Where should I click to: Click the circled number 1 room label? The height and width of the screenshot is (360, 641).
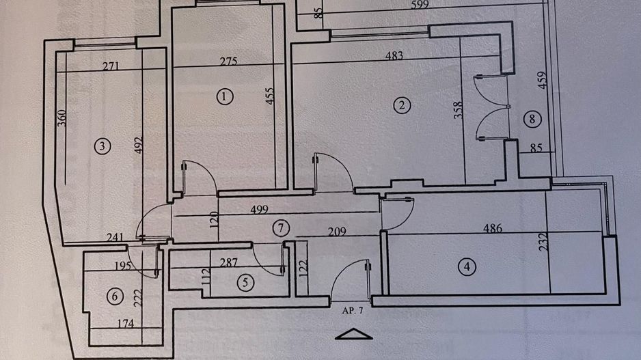[x=224, y=96]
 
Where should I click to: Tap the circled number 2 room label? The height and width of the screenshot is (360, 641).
[x=403, y=105]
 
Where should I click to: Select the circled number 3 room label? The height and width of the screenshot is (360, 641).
[x=103, y=146]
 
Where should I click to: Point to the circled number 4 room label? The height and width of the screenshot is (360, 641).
[x=467, y=267]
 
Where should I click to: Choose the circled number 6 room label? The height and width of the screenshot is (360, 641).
[x=115, y=296]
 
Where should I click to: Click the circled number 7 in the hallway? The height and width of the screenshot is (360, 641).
[x=279, y=227]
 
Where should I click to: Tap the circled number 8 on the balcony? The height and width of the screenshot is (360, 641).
[x=534, y=119]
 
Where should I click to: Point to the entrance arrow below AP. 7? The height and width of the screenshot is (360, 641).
[x=354, y=333]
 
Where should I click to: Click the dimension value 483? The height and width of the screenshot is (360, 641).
[x=394, y=56]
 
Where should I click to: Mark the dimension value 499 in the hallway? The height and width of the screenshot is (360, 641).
[x=259, y=210]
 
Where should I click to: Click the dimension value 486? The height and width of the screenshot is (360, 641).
[x=492, y=228]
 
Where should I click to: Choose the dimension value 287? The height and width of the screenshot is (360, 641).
[x=218, y=262]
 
